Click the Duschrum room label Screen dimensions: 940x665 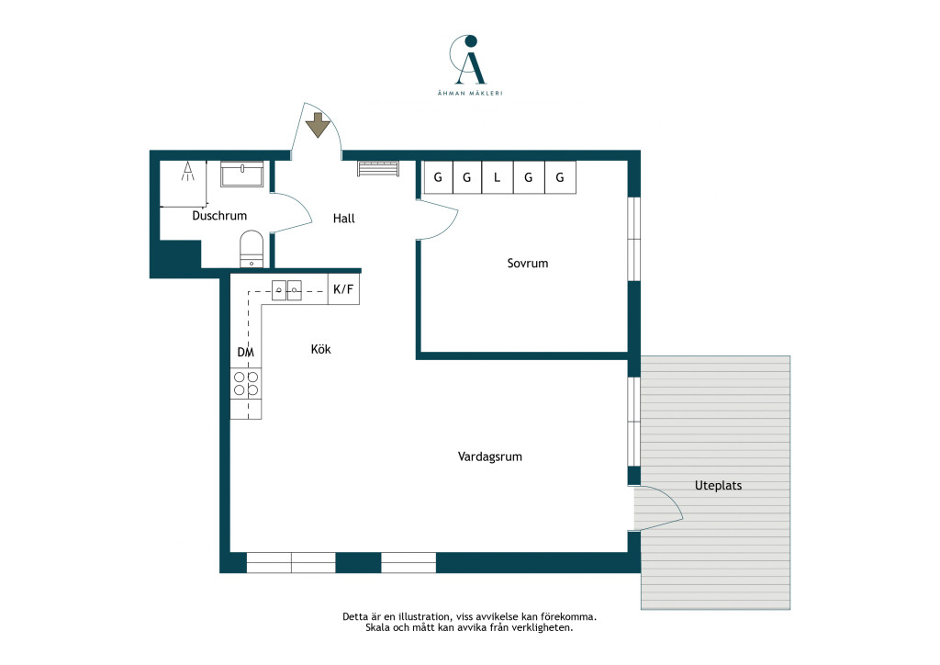coord(219,216)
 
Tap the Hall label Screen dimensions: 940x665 coord(344,219)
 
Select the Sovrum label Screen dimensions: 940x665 coord(528,264)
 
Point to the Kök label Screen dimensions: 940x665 coord(320,349)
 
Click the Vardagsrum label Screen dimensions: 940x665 coord(490,456)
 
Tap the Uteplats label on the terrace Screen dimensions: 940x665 coord(718,486)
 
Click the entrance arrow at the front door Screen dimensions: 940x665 coord(318,125)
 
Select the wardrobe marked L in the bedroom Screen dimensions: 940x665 coord(497,177)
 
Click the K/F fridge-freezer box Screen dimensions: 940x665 coord(343,289)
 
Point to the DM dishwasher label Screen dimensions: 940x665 coord(246,353)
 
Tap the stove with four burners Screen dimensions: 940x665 coord(246,384)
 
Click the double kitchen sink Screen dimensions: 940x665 coord(286,290)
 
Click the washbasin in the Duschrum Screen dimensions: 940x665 coord(242,174)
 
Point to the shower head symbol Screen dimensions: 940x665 coord(188,171)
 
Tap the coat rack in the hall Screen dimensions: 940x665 coord(378,168)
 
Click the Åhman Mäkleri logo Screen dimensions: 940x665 coord(470,65)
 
